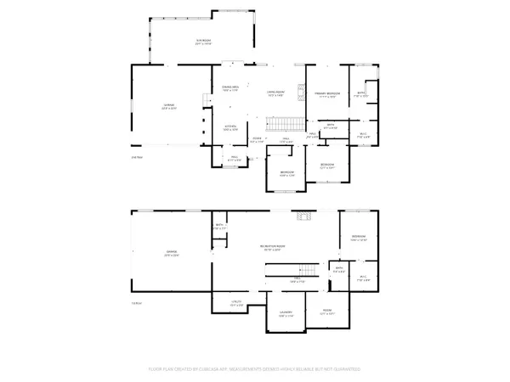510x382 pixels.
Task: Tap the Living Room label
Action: [275, 94]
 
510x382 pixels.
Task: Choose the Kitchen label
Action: [229, 126]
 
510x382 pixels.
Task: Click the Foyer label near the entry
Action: [257, 139]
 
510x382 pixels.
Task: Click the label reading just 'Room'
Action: [326, 312]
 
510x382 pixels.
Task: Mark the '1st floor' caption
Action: [136, 303]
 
